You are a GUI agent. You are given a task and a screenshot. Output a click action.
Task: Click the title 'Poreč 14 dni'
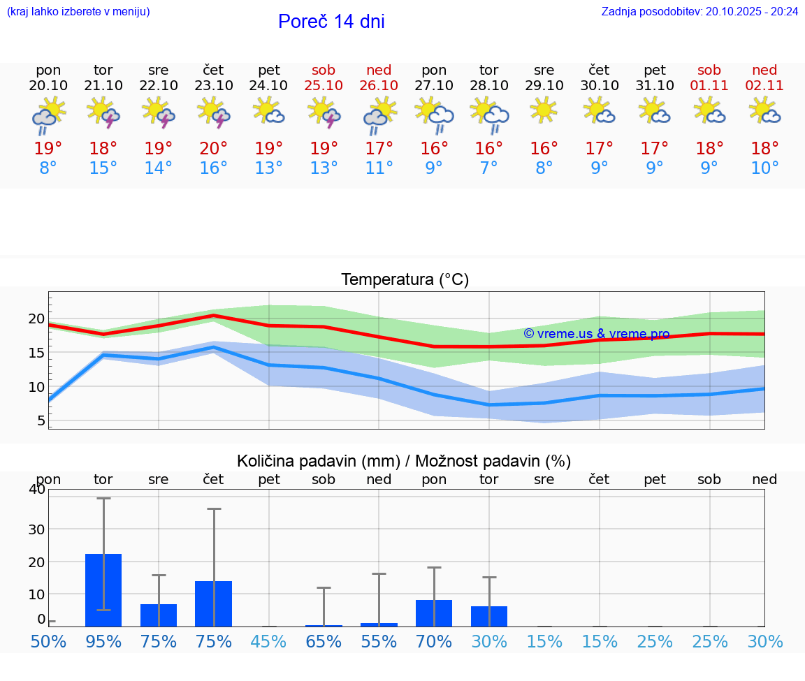coord(331,22)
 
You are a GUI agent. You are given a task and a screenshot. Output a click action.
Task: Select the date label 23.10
coord(213,86)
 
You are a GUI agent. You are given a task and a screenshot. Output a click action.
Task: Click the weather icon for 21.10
coord(103,112)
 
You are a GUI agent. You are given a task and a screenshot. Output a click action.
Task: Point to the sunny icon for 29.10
coord(544,110)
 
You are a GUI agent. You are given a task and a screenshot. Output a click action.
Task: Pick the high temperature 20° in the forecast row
coord(213,148)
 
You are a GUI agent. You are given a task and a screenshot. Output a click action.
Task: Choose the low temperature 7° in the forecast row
coord(488,168)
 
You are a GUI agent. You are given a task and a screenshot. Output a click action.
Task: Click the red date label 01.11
coord(709,86)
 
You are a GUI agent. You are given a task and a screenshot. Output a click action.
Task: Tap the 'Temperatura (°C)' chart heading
coord(405,280)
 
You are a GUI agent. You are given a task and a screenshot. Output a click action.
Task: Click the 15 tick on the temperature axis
coord(36,353)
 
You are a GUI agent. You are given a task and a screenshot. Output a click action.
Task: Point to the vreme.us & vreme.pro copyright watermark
coord(597,334)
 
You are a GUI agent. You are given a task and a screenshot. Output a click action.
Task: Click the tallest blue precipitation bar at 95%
coord(103,590)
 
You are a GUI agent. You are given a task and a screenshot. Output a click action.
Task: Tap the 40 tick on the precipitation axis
coord(36,489)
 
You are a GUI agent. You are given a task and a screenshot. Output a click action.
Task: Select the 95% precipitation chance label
coord(103,641)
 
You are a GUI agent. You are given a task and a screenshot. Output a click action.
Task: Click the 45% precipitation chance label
coord(268,641)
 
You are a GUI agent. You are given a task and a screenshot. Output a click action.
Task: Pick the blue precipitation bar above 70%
coord(433,613)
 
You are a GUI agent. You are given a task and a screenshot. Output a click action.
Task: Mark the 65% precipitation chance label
coord(324,641)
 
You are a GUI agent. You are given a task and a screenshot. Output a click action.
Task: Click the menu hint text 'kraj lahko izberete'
coord(78,11)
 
